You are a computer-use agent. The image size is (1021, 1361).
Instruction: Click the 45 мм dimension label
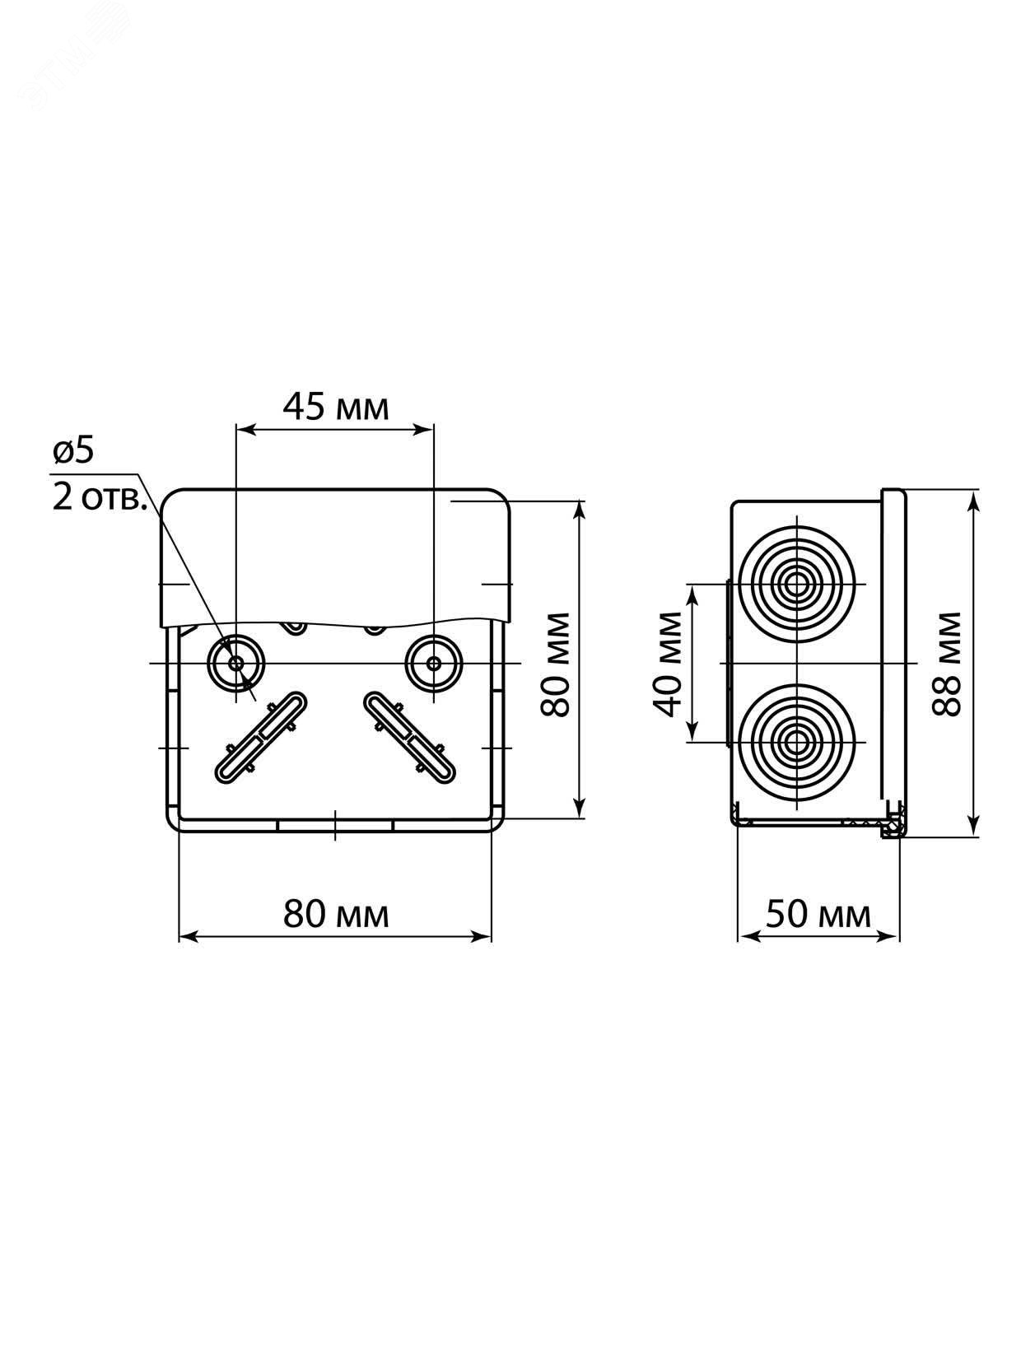point(335,408)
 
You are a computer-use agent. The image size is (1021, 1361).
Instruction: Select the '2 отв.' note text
point(100,496)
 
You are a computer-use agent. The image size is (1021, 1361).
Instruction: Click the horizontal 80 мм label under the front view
point(336,914)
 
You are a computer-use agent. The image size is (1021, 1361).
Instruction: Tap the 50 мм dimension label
point(818,914)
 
